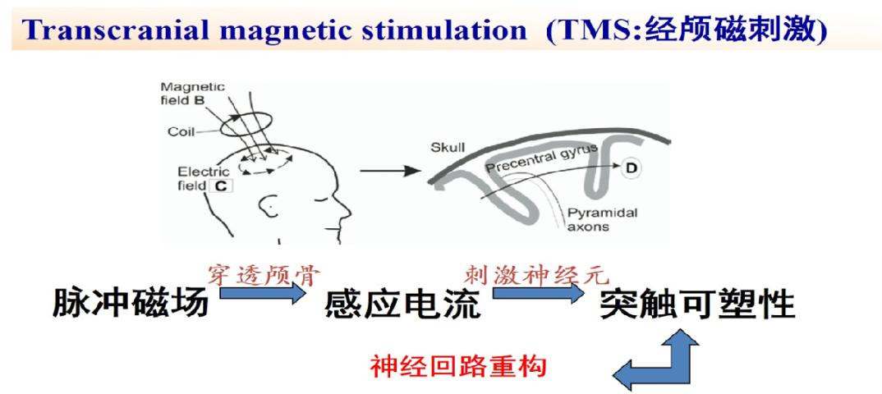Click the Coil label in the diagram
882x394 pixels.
coord(181,132)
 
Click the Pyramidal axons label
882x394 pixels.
coord(594,220)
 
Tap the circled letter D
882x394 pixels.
coord(632,167)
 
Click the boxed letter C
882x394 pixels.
coord(220,186)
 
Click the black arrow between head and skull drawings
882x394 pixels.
coord(390,170)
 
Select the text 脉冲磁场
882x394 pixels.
coord(131,304)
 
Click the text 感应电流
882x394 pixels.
coord(402,304)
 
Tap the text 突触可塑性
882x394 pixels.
coord(697,304)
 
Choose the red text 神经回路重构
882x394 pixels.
coord(458,366)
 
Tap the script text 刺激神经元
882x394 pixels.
coord(537,275)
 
